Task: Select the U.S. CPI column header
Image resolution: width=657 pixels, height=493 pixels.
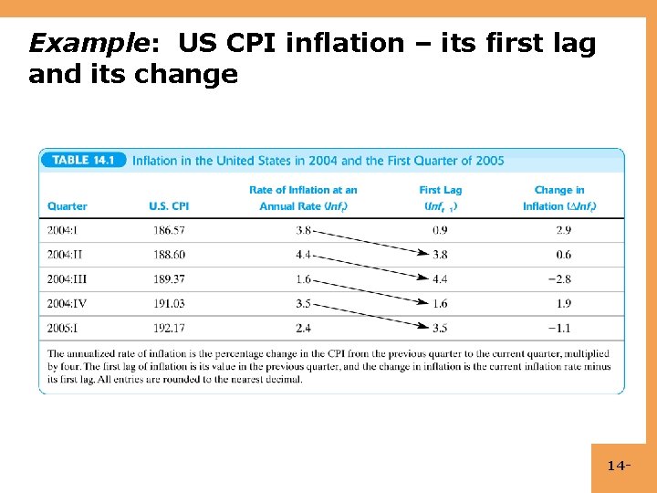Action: pos(169,206)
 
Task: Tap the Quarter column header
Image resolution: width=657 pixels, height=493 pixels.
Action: pos(68,206)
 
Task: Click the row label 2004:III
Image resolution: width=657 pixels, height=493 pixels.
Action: pos(67,279)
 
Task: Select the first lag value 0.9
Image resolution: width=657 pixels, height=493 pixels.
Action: pos(440,231)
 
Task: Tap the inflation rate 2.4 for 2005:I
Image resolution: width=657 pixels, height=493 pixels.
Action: pos(304,328)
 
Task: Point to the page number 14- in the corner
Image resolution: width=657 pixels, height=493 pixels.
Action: pos(620,467)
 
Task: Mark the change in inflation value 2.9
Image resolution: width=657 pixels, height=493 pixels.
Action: pos(563,231)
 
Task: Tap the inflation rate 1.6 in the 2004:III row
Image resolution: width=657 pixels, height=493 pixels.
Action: pos(304,279)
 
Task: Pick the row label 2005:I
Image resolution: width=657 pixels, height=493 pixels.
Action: pos(64,328)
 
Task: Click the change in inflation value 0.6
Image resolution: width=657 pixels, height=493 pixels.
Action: pos(563,255)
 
